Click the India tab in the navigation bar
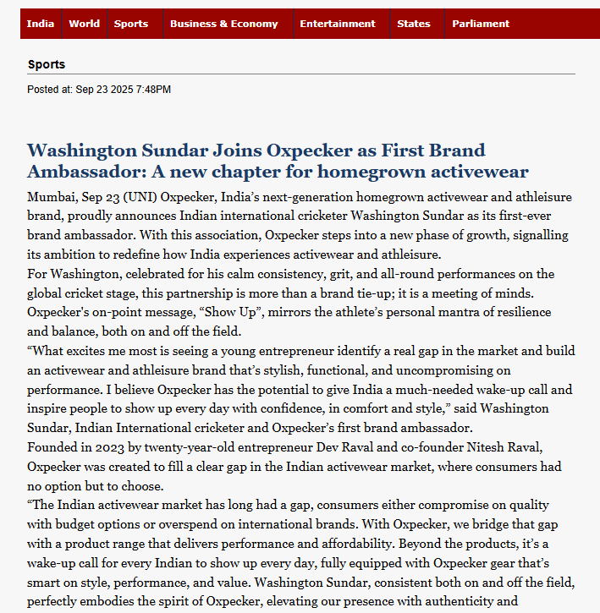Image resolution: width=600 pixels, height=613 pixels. (x=40, y=24)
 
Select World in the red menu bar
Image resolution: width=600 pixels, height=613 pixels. (x=85, y=24)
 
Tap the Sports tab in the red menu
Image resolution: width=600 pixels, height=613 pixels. (x=131, y=24)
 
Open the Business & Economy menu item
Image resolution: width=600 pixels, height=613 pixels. (x=223, y=24)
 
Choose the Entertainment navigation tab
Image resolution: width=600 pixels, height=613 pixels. (x=337, y=24)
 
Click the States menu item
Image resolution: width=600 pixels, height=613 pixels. (x=414, y=24)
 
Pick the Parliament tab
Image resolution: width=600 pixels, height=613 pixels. (x=481, y=24)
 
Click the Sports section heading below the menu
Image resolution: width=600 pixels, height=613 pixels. (x=47, y=64)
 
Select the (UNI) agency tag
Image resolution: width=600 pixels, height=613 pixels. (x=143, y=197)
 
